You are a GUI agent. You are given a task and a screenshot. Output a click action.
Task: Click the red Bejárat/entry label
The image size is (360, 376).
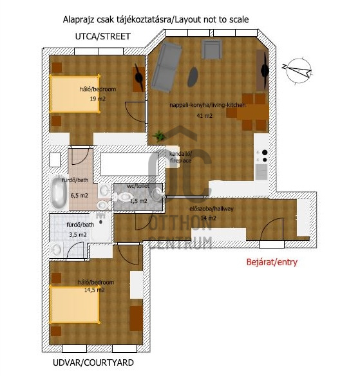click(x=272, y=262)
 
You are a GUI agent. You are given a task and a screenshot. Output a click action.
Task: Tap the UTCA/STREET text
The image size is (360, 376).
click(x=103, y=37)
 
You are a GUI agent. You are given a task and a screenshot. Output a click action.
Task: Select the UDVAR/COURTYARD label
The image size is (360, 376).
click(x=93, y=362)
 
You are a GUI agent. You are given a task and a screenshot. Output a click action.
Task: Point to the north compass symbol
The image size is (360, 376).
click(x=298, y=71)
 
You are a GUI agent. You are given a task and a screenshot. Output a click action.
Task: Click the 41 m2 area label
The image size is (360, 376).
click(x=205, y=116)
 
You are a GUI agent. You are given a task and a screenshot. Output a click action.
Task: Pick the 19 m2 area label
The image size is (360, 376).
click(x=98, y=99)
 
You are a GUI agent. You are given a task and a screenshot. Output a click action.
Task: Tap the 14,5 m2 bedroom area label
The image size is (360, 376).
click(x=94, y=290)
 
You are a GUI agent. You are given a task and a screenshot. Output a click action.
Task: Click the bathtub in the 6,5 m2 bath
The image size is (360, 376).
click(x=59, y=193)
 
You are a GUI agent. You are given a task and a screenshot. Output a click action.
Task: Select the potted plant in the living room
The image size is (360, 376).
click(x=159, y=136)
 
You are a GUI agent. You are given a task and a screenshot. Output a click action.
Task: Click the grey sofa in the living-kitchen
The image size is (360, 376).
click(x=166, y=67)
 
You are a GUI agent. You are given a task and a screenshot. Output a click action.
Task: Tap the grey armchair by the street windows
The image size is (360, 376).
click(x=211, y=49)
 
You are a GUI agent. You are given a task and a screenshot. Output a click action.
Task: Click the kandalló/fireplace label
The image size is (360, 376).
click(x=180, y=157)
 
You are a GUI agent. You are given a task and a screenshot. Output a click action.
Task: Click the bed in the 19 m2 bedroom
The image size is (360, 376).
click(x=75, y=94)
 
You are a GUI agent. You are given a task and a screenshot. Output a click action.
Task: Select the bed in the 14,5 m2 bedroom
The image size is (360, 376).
click(x=75, y=305)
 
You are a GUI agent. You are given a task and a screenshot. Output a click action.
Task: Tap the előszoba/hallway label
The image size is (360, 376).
click(x=211, y=209)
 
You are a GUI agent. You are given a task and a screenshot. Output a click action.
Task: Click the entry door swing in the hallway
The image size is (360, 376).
click(x=272, y=229)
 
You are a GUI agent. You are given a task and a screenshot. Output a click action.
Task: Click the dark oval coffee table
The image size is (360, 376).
click(x=193, y=77)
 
